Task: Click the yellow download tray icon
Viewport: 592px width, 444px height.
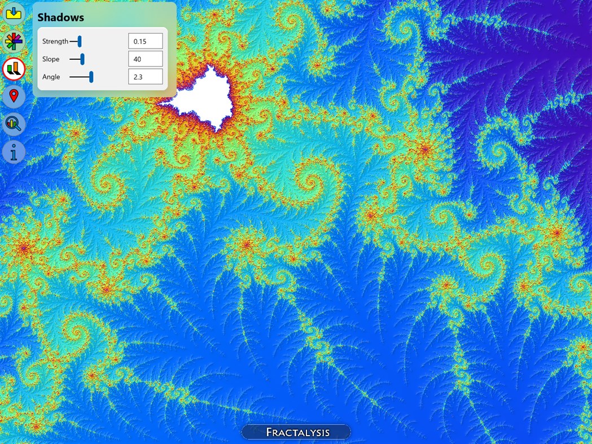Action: click(14, 12)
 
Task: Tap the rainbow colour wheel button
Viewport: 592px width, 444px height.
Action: click(14, 41)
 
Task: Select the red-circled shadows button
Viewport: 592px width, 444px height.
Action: click(14, 69)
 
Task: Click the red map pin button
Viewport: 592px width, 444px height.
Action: click(14, 96)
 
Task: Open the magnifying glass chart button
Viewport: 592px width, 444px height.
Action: click(14, 124)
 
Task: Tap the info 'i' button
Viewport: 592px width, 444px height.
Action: click(14, 152)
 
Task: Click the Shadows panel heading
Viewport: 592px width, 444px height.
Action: click(60, 17)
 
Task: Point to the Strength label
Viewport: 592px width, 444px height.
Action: click(55, 41)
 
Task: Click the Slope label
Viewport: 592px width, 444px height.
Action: click(50, 59)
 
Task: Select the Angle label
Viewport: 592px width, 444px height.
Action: click(51, 77)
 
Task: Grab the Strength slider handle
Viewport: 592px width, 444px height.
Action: click(80, 41)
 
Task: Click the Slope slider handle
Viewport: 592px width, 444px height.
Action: click(82, 59)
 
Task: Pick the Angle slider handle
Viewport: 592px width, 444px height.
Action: click(91, 77)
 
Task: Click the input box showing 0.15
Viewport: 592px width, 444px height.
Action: click(145, 41)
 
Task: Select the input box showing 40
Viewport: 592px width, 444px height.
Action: click(145, 59)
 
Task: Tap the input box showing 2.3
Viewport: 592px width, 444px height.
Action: click(145, 77)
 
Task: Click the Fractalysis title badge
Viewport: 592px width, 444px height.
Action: click(296, 432)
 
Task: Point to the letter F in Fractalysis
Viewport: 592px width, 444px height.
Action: click(270, 433)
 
